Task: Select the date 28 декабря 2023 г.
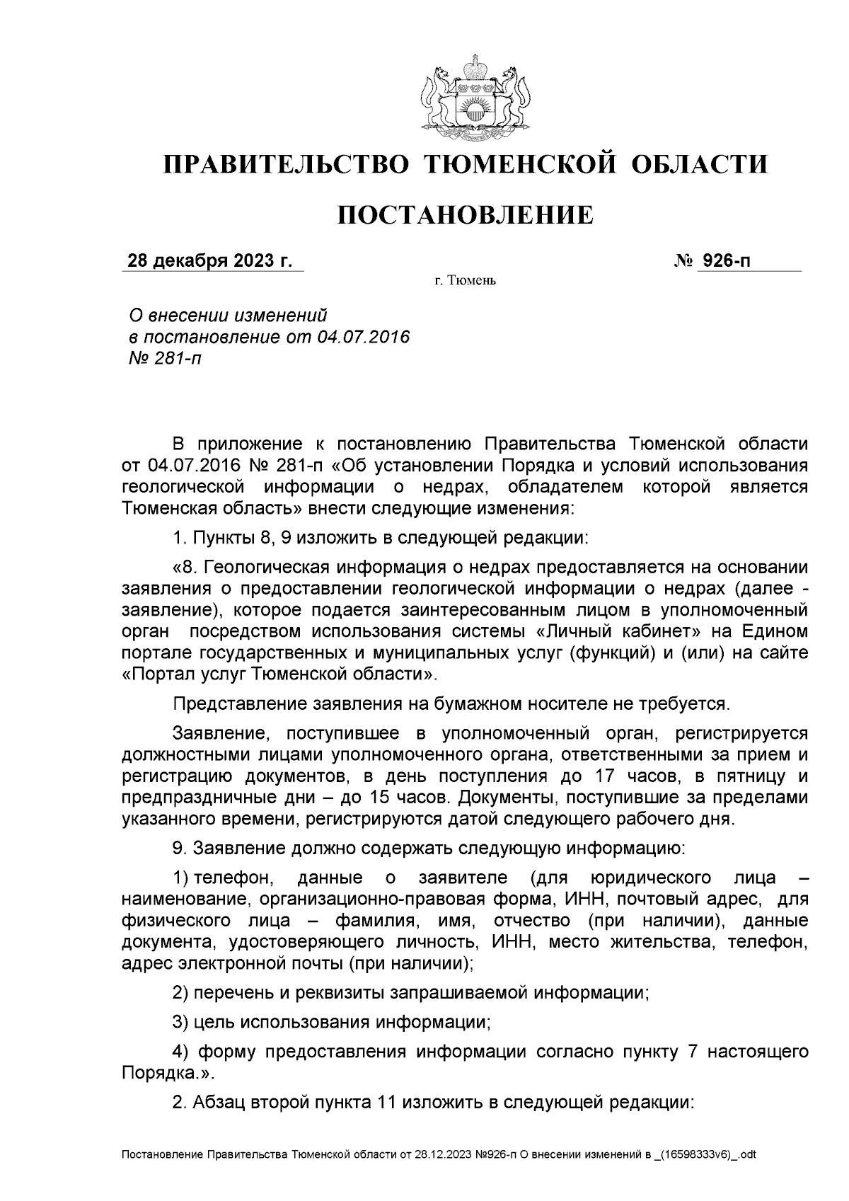tap(209, 261)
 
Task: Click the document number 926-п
tap(724, 261)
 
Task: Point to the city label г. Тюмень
tap(465, 282)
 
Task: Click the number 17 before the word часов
tap(596, 776)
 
